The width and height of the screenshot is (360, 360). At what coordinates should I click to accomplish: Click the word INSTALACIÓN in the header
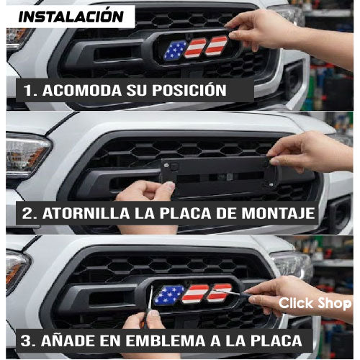[x=71, y=17]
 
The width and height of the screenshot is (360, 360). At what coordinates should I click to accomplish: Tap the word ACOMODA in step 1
[x=82, y=90]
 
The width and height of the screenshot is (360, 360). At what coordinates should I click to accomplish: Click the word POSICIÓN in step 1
[x=189, y=90]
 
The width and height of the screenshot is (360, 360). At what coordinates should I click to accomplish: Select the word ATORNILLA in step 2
[x=86, y=213]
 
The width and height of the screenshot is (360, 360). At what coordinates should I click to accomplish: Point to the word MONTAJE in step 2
[x=278, y=213]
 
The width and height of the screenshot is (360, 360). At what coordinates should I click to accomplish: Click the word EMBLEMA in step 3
[x=166, y=341]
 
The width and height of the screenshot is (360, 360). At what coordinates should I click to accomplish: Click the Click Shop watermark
[x=315, y=303]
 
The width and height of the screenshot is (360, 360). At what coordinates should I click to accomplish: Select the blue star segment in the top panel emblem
[x=175, y=50]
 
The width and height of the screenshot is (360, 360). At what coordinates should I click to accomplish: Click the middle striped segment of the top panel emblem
[x=195, y=48]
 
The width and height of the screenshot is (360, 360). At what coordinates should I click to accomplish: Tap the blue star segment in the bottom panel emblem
[x=168, y=295]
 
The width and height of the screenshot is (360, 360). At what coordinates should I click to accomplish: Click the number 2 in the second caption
[x=27, y=213]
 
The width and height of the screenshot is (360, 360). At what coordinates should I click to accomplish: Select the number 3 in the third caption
[x=26, y=341]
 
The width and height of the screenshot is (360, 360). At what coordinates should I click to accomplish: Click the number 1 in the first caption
[x=29, y=90]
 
